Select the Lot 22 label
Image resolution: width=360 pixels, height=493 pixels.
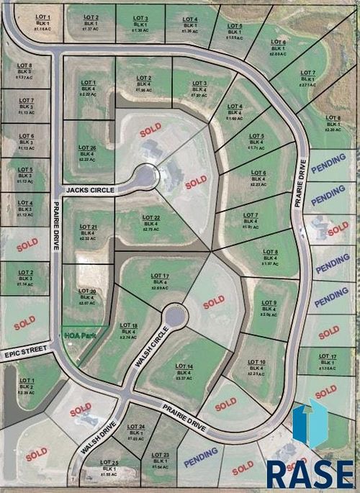pyautogui.click(x=151, y=218)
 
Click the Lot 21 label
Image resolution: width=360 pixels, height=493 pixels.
pyautogui.click(x=89, y=227)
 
